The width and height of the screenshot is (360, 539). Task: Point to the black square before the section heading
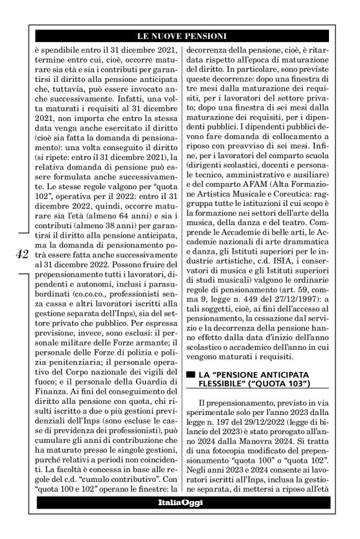tap(192, 375)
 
